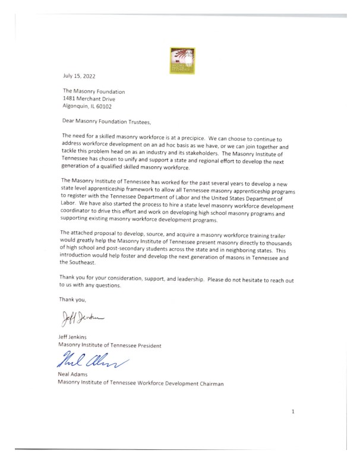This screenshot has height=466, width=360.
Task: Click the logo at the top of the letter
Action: (180, 60)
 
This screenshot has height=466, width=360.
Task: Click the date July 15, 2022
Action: (78, 77)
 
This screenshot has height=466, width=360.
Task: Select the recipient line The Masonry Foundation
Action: (94, 91)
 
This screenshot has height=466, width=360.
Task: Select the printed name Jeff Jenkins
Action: (76, 336)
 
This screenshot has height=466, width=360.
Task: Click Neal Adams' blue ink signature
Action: (92, 360)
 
